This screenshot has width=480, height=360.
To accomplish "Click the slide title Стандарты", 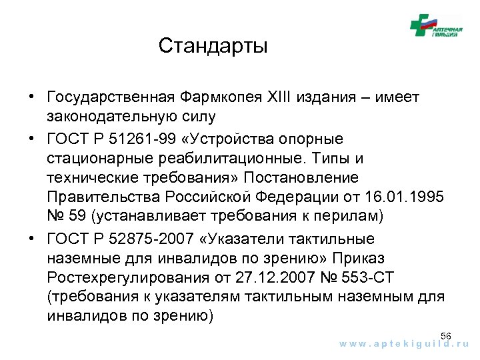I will click(213, 46).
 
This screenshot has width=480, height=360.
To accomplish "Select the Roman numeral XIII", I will click(283, 98).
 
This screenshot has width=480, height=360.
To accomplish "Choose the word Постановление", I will click(301, 178).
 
